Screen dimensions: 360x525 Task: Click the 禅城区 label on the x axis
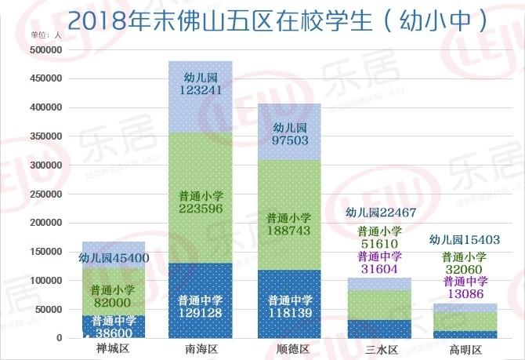tap(113, 347)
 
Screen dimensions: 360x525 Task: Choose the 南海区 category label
tap(201, 347)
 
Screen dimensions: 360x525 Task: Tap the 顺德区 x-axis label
tap(288, 347)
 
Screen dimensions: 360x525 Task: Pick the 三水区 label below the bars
tap(377, 347)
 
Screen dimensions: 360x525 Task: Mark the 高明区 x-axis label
tap(465, 347)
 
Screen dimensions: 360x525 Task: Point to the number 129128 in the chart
tap(201, 314)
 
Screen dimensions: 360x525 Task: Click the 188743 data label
tap(288, 231)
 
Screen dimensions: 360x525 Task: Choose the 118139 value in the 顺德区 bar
tap(288, 314)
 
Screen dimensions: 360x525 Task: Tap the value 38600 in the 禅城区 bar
tap(114, 333)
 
